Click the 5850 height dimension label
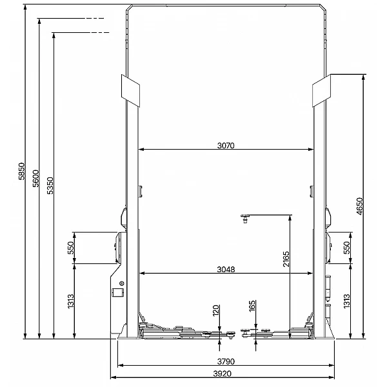pos(22,172)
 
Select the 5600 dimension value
pos(36,179)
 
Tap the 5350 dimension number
pos(50,186)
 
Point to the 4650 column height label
pos(360,206)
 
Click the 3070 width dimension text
pos(226,146)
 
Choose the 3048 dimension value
pos(226,269)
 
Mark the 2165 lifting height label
pos(286,259)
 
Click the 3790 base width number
pos(226,362)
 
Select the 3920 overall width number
pos(223,373)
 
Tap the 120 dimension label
pos(216,310)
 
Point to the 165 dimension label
pos(252,306)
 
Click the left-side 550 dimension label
pos(71,248)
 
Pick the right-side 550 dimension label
pos(347,248)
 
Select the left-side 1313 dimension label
pos(71,301)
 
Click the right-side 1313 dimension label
pos(347,301)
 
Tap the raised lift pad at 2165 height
pos(245,219)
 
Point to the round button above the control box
pos(121,283)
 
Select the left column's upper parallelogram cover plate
pos(130,90)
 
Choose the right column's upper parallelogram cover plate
pos(321,90)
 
